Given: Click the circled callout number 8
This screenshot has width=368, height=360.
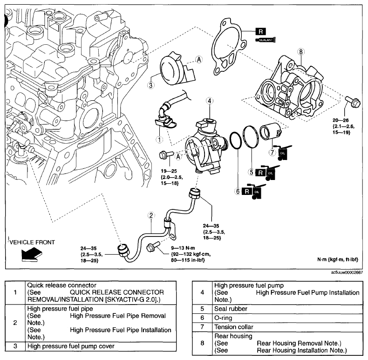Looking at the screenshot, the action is [x=300, y=52].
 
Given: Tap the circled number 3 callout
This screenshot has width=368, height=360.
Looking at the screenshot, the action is [x=150, y=85].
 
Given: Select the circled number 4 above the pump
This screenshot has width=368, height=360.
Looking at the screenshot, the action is [x=209, y=101].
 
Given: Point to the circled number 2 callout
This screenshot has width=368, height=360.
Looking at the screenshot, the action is [x=151, y=215].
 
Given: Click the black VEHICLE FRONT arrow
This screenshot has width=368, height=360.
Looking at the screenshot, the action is [x=32, y=255].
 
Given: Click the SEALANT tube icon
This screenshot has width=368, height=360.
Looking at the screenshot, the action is [x=265, y=40].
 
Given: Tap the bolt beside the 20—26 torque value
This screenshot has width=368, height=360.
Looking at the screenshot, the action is [x=353, y=102].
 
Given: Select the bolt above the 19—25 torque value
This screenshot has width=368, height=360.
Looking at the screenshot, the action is [x=166, y=155].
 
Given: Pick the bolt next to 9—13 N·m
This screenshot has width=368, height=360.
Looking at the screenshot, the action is [x=153, y=247].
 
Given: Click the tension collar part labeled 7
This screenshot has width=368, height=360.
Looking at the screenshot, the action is [x=270, y=131].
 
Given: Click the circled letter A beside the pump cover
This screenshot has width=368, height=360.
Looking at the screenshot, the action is [x=199, y=60].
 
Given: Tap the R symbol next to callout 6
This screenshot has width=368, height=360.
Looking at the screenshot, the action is [x=247, y=191].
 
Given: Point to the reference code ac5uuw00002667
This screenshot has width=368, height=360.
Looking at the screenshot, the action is [x=347, y=273].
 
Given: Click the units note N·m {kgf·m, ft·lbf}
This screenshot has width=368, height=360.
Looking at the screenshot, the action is [x=338, y=259].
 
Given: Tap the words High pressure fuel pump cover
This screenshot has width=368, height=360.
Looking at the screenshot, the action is [x=71, y=346].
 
